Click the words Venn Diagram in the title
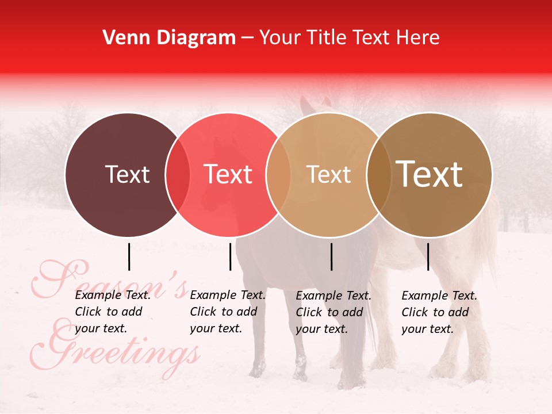(169, 38)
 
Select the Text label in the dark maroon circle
(127, 174)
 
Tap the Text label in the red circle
(228, 174)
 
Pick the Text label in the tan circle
(328, 174)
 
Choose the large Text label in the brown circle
(430, 174)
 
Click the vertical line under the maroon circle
(129, 256)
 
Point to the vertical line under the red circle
(230, 256)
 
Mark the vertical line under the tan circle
(332, 256)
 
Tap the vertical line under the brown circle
(428, 256)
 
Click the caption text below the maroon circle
(113, 312)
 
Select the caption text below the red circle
(228, 312)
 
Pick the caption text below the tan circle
(333, 312)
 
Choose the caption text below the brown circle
(439, 312)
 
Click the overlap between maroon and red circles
(178, 174)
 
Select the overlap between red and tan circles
(278, 174)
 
